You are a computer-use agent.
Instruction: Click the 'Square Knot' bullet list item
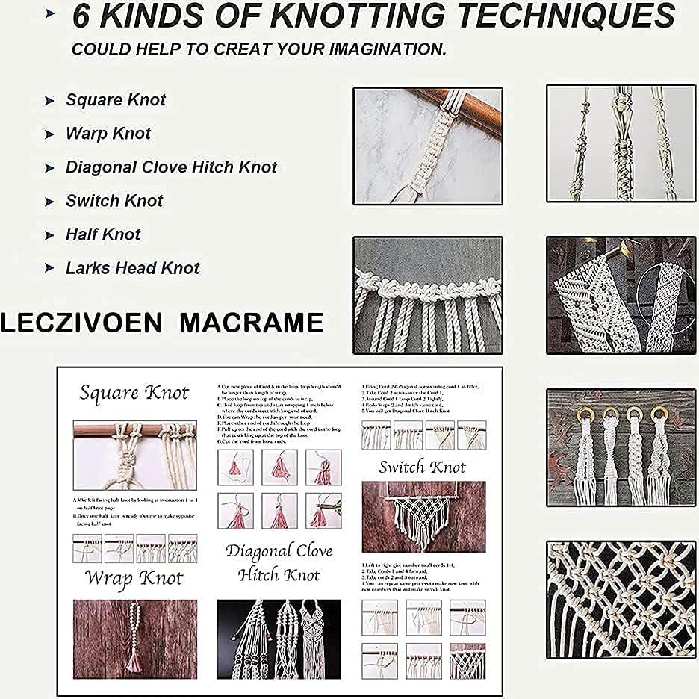point(115,100)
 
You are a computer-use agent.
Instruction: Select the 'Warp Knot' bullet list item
point(108,134)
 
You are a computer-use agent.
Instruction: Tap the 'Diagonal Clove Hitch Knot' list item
point(171,167)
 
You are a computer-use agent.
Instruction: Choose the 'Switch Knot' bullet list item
point(114,201)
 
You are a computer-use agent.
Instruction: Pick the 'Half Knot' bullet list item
point(103,234)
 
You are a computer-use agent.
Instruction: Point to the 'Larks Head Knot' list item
point(132,268)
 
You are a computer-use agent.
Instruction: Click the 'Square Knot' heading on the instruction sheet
point(134,393)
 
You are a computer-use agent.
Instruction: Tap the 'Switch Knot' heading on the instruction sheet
point(422,467)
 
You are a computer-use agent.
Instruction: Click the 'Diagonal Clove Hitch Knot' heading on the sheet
point(279,563)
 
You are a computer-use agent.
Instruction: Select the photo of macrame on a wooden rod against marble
point(427,146)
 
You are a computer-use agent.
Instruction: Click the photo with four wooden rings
point(621,447)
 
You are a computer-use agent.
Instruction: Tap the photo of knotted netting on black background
point(621,600)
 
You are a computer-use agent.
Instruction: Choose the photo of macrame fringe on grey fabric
point(427,295)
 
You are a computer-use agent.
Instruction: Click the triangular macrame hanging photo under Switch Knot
point(423,515)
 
